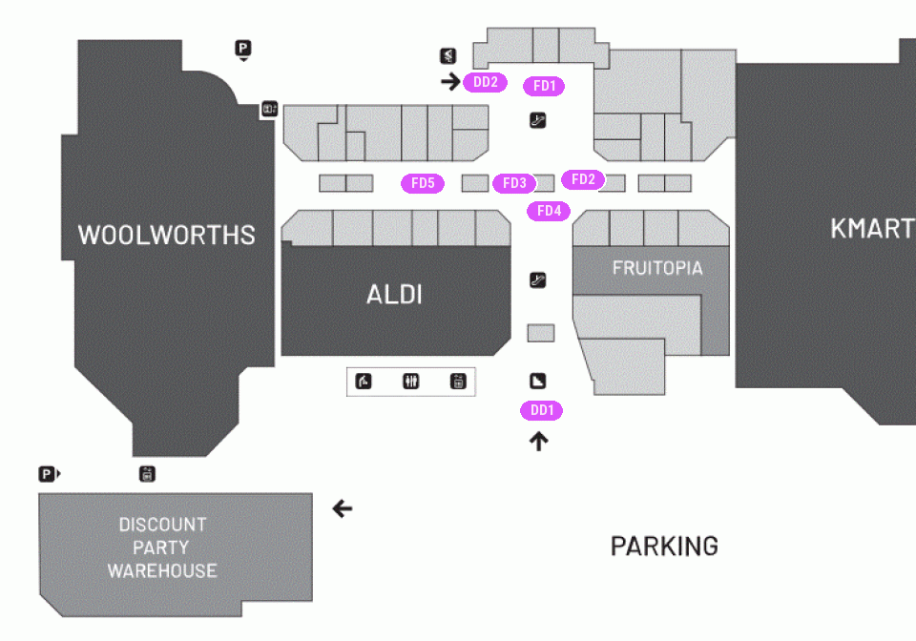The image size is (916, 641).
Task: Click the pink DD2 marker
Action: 485,82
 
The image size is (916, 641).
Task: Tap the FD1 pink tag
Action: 544,86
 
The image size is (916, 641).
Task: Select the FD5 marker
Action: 423,183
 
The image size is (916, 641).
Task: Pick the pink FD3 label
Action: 514,183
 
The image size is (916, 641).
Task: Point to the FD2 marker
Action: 583,179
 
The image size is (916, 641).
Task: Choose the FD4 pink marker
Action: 549,211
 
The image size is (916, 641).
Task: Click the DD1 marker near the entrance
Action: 542,410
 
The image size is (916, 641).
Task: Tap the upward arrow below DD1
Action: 538,442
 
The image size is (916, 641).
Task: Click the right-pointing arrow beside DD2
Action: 450,81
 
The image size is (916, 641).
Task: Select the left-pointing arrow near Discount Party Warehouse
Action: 343,508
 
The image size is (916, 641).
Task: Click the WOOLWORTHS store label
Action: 166,235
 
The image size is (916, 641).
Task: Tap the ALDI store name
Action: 394,294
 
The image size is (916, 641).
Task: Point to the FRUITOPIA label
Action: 657,268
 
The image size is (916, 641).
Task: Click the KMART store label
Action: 873,228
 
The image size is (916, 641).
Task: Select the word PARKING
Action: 664,547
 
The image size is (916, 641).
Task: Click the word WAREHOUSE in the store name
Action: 162,570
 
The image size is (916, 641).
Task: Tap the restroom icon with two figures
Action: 411,382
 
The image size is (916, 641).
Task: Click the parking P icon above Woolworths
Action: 243,49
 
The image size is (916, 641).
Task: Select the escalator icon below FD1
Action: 537,121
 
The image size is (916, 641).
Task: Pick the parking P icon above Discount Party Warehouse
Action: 48,474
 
